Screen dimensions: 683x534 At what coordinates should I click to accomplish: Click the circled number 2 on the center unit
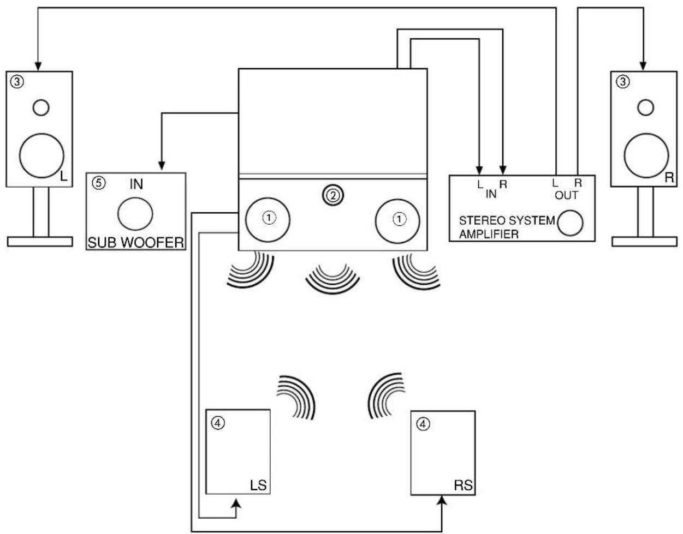point(333,195)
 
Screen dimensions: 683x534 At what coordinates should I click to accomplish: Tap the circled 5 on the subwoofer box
point(99,183)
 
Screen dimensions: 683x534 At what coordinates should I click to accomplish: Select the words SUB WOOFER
point(136,243)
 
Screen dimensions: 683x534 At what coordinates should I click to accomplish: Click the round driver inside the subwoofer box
point(135,213)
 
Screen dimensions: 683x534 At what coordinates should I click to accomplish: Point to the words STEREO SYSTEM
point(507,220)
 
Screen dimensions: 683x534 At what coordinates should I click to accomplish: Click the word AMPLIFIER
point(489,234)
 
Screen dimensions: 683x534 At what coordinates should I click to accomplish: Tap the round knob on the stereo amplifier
point(570,223)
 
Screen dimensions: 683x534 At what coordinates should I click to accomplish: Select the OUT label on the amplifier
point(566,195)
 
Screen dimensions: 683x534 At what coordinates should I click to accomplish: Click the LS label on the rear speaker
point(258,485)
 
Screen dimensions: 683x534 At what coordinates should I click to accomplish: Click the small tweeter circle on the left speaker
point(41,107)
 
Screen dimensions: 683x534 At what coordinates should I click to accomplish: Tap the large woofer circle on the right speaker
point(646,155)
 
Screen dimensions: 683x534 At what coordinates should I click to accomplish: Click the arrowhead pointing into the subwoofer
point(162,166)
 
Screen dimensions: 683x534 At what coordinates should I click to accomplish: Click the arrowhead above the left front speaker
point(38,67)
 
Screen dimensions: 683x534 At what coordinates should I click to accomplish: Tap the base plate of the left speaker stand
point(40,242)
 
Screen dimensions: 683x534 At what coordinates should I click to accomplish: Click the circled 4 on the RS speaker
point(423,424)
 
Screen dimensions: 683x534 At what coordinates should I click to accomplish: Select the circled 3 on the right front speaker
point(622,82)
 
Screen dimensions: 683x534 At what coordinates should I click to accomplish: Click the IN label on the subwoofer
point(136,184)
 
